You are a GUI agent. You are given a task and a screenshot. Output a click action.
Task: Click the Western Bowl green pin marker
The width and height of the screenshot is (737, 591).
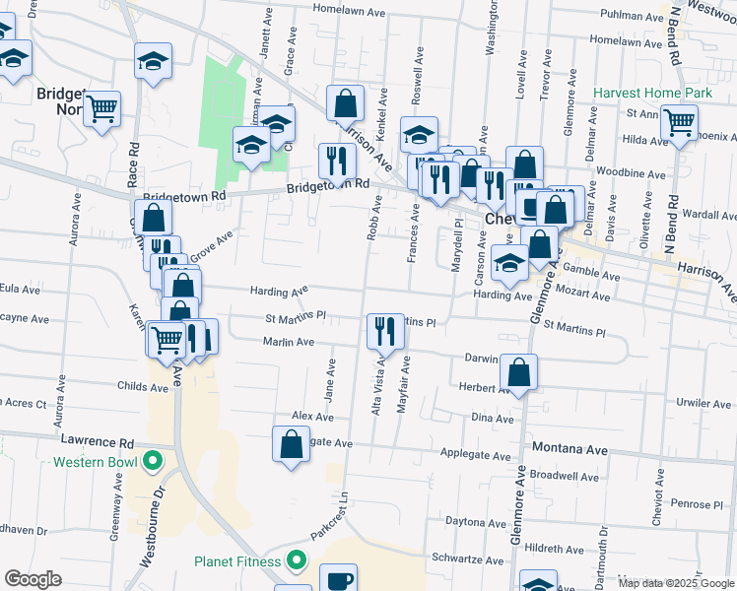(x=153, y=460)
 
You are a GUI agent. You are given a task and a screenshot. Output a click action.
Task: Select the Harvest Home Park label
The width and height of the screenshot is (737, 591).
(x=652, y=94)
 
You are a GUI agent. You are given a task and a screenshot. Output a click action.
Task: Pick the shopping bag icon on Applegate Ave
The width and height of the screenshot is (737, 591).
(x=292, y=444)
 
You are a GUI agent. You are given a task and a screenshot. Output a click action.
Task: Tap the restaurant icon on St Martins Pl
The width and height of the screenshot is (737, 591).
(x=381, y=330)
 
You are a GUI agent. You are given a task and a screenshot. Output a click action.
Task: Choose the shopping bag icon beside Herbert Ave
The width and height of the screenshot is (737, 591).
(x=518, y=373)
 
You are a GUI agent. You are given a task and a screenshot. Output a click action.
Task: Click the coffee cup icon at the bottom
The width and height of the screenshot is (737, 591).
(x=341, y=581)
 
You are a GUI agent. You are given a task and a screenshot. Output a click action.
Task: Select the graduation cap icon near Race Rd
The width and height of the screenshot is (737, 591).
(x=153, y=62)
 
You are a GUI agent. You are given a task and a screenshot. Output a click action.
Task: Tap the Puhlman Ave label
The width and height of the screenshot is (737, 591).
(x=631, y=16)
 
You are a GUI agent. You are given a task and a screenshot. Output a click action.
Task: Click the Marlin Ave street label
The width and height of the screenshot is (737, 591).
(x=288, y=342)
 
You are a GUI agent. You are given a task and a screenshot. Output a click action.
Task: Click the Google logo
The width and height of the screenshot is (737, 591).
(x=33, y=579)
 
